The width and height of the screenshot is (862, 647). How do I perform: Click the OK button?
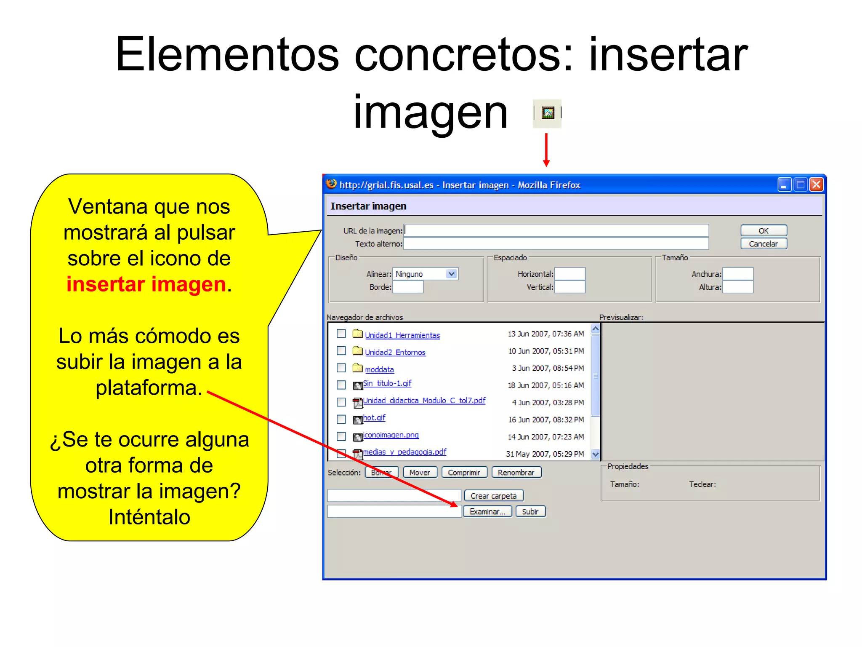tap(763, 230)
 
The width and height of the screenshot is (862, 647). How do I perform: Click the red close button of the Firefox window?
tap(816, 184)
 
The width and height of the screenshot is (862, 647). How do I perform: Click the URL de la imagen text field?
tap(556, 230)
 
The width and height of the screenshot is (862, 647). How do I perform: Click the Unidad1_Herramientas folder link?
tap(402, 335)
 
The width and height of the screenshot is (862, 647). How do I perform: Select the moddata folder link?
tap(379, 369)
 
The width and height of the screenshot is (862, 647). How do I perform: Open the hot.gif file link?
tap(374, 417)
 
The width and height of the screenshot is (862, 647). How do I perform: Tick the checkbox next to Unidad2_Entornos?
tap(341, 351)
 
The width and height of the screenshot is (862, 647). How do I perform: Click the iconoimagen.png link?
tap(391, 435)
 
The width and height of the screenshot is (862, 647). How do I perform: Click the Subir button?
tap(530, 511)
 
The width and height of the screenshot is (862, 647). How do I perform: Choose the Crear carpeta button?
tap(493, 496)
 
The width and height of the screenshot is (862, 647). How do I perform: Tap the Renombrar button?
tap(516, 473)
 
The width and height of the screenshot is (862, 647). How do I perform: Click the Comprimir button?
tap(464, 473)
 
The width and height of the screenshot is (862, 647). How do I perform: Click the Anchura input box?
tap(737, 274)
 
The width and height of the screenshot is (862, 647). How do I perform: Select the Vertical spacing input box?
tap(569, 287)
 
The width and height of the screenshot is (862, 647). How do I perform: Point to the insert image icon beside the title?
tap(548, 113)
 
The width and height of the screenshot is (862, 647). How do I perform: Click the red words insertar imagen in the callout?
tap(146, 284)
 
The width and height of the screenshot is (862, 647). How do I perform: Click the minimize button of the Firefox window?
tap(784, 184)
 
